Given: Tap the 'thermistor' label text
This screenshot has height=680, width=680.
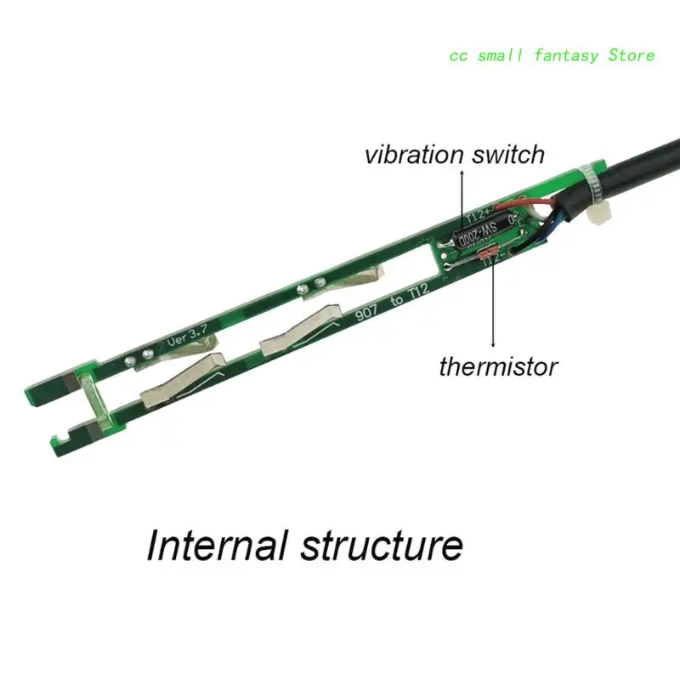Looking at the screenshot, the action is point(498,367).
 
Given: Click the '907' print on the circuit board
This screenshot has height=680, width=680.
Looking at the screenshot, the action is point(367,313).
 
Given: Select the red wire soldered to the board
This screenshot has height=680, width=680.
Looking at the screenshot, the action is point(539,204).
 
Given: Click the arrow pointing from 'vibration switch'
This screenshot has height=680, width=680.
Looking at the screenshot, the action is point(462,196).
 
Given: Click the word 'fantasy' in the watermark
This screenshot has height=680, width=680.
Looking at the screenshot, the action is point(568,55).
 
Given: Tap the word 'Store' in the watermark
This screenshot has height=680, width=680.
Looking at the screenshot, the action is point(632,55).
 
